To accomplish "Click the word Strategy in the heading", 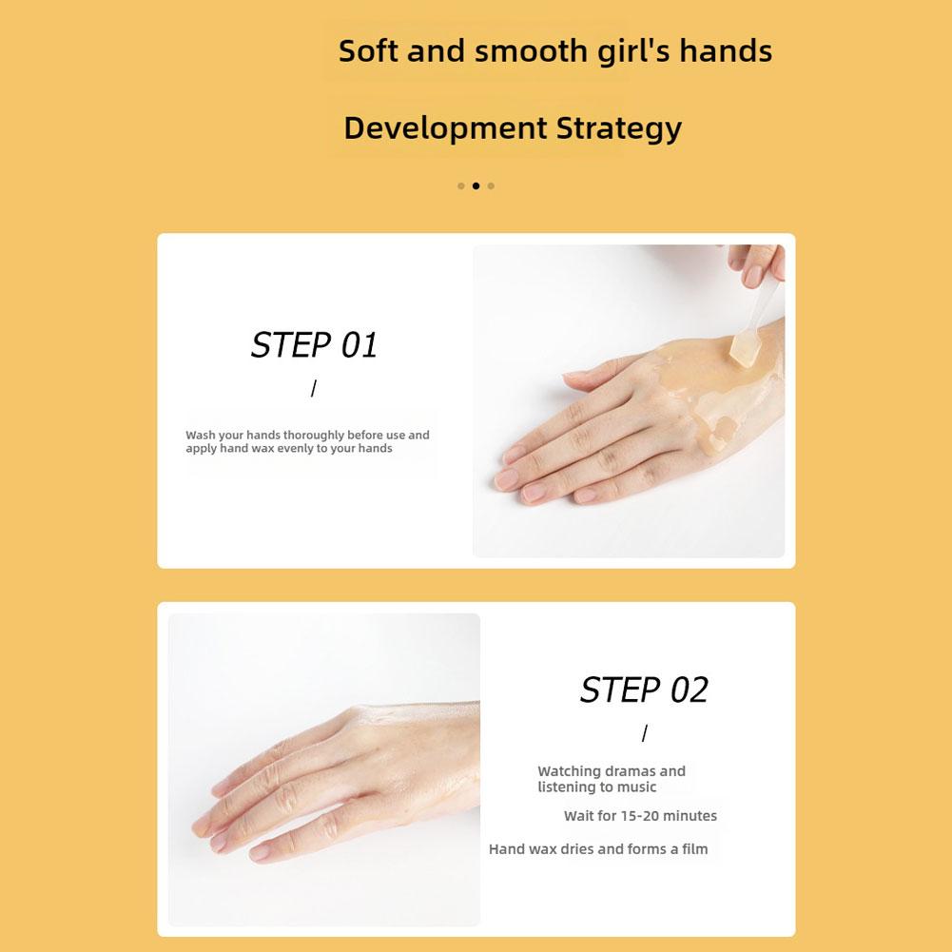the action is pos(619,128).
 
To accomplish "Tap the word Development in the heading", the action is pos(446,128).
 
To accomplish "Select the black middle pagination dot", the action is pos(476,185).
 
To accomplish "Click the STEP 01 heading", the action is pos(314,345).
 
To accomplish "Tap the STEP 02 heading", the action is pos(644,690).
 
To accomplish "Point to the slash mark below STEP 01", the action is pos(313,389).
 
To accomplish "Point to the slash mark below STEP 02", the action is pos(644,733).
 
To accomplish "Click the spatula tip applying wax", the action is pos(741,351).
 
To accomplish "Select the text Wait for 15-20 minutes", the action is pos(640,815).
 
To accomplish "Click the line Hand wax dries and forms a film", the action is pos(598,848).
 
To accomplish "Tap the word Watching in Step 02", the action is pos(569,771).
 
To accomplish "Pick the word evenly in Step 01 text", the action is pos(295,448).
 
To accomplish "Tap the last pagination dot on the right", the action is pos(491,185).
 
